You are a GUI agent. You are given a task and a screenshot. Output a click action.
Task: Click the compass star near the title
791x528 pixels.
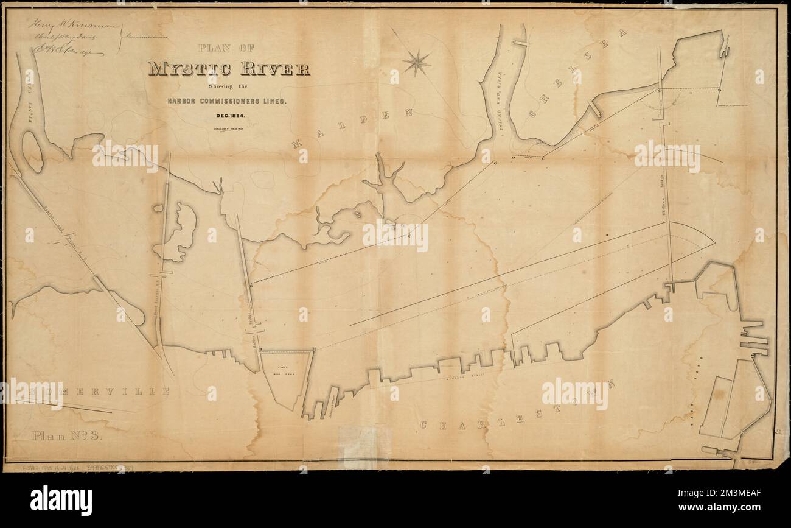(x=417, y=62)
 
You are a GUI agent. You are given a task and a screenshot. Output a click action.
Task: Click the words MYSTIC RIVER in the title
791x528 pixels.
(x=229, y=68)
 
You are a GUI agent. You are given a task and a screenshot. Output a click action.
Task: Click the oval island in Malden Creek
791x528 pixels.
(x=32, y=150)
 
